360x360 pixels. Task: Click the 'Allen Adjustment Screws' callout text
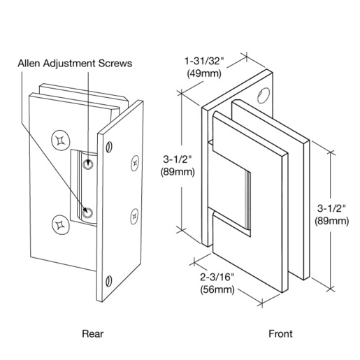click(x=75, y=63)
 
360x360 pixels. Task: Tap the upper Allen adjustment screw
click(x=88, y=164)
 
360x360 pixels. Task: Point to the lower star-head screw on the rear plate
click(x=58, y=225)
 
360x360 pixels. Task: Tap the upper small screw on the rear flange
click(x=135, y=165)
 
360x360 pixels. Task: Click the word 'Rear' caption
click(x=92, y=333)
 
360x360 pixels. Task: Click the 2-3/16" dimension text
click(x=216, y=278)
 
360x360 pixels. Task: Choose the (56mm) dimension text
click(x=216, y=289)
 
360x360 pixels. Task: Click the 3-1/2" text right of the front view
click(x=331, y=209)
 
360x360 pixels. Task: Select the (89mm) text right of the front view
click(x=331, y=221)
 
